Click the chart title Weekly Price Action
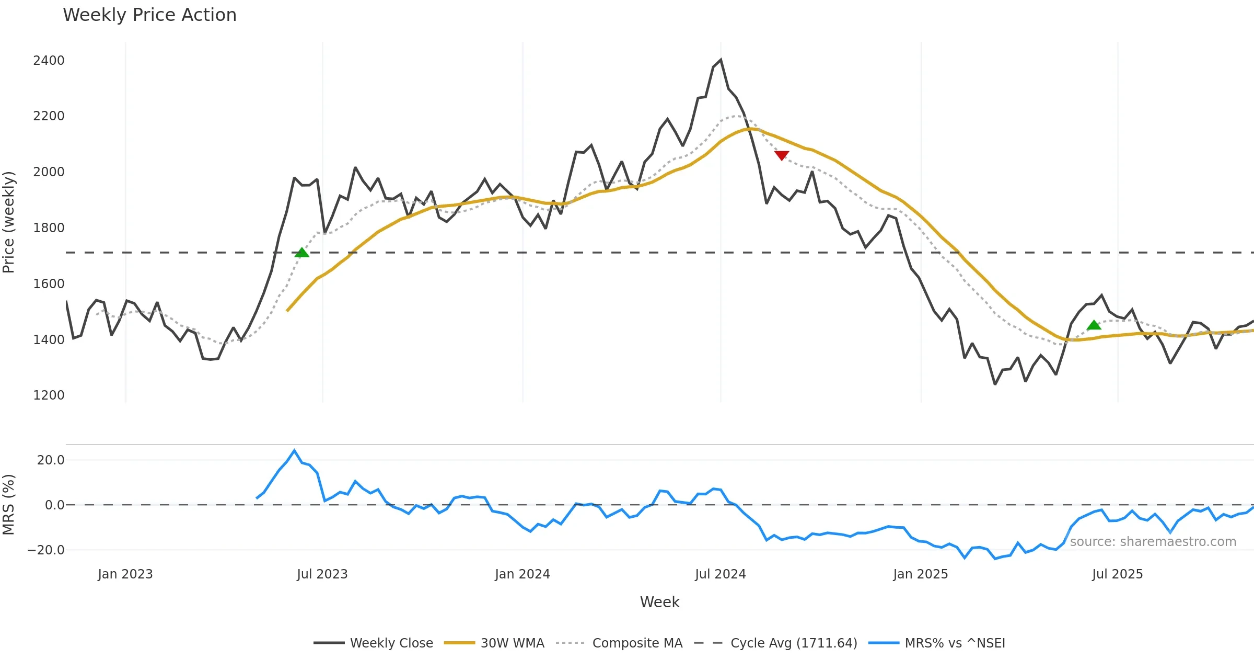(149, 15)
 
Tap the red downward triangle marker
(782, 155)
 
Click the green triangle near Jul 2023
(302, 253)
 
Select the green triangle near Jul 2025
(1094, 325)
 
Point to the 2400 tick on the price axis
(49, 61)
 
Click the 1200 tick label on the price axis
(49, 395)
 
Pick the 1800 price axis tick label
(49, 228)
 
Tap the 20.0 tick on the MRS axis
(51, 460)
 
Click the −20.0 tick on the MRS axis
(46, 550)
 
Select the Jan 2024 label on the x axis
(522, 574)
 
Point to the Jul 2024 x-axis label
(721, 574)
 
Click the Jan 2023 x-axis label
(125, 574)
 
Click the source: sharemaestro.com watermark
(1153, 542)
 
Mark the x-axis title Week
(659, 603)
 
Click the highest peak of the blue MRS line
(294, 450)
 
